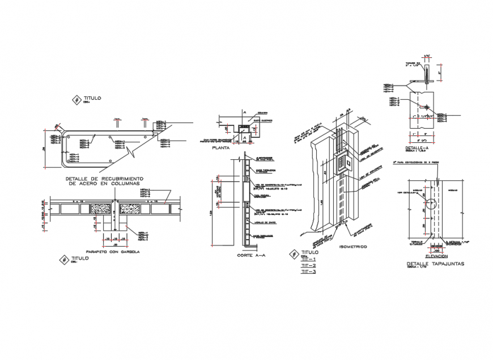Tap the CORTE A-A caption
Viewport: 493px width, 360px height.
pyautogui.click(x=248, y=256)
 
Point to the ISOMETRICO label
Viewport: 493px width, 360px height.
pyautogui.click(x=352, y=247)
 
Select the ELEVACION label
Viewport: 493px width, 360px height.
pyautogui.click(x=435, y=256)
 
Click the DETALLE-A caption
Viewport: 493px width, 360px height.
pyautogui.click(x=418, y=148)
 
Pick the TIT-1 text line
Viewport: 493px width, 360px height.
pyautogui.click(x=308, y=260)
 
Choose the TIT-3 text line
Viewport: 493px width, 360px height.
pyautogui.click(x=308, y=272)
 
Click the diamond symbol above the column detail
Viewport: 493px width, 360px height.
pyautogui.click(x=76, y=100)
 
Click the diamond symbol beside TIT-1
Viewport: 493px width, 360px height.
pyautogui.click(x=293, y=253)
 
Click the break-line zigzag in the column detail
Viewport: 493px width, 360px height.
pyautogui.click(x=132, y=152)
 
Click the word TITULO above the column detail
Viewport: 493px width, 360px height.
pyautogui.click(x=92, y=98)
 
